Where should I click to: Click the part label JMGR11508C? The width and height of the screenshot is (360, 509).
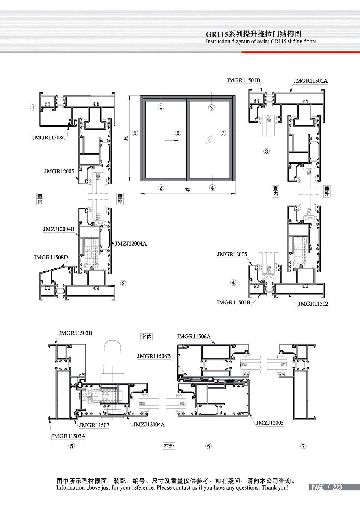pyautogui.click(x=49, y=138)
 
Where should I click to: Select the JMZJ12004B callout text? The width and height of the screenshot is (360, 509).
pyautogui.click(x=58, y=229)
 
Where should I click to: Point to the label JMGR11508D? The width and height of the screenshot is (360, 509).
pyautogui.click(x=51, y=257)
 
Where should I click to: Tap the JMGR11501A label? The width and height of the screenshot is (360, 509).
pyautogui.click(x=310, y=81)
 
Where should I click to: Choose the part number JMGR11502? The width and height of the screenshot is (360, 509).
pyautogui.click(x=313, y=304)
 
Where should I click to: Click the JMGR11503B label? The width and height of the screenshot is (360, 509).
pyautogui.click(x=75, y=333)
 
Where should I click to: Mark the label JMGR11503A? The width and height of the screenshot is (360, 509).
pyautogui.click(x=68, y=436)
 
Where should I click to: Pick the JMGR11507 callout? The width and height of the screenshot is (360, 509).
pyautogui.click(x=94, y=425)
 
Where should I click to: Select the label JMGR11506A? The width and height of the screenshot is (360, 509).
pyautogui.click(x=193, y=337)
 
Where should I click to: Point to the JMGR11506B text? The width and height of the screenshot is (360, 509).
pyautogui.click(x=154, y=356)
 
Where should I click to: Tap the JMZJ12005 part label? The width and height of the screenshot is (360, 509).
pyautogui.click(x=270, y=423)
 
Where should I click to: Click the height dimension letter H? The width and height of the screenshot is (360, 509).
pyautogui.click(x=126, y=138)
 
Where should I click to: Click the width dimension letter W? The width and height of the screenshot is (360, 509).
pyautogui.click(x=188, y=190)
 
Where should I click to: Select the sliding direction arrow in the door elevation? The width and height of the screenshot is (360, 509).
pyautogui.click(x=170, y=140)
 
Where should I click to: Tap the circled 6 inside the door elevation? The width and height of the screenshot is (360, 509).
pyautogui.click(x=178, y=133)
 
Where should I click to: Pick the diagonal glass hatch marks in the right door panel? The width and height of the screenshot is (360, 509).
pyautogui.click(x=209, y=139)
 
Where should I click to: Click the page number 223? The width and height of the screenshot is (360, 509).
pyautogui.click(x=337, y=487)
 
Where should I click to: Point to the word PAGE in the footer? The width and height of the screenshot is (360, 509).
pyautogui.click(x=318, y=487)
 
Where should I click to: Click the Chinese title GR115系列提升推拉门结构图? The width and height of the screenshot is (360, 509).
pyautogui.click(x=253, y=34)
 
